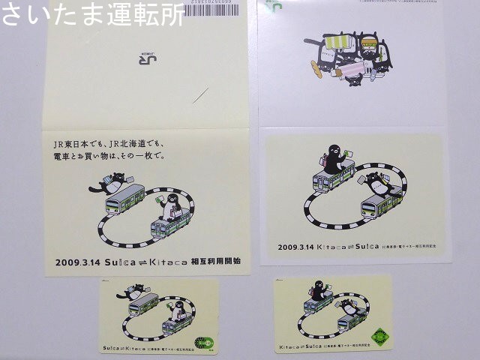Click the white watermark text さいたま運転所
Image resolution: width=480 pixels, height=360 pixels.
(91, 14)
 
